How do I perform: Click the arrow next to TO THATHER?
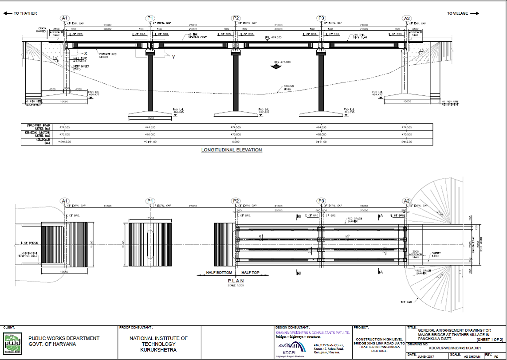(x=8, y=13)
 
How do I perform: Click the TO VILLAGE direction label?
(x=457, y=13)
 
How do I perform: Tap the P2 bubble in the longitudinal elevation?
(x=236, y=18)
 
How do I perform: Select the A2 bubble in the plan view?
(x=407, y=201)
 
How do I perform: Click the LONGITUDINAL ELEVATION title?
(x=232, y=150)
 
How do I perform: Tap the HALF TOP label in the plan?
(x=250, y=273)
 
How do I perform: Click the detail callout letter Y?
(x=173, y=57)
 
